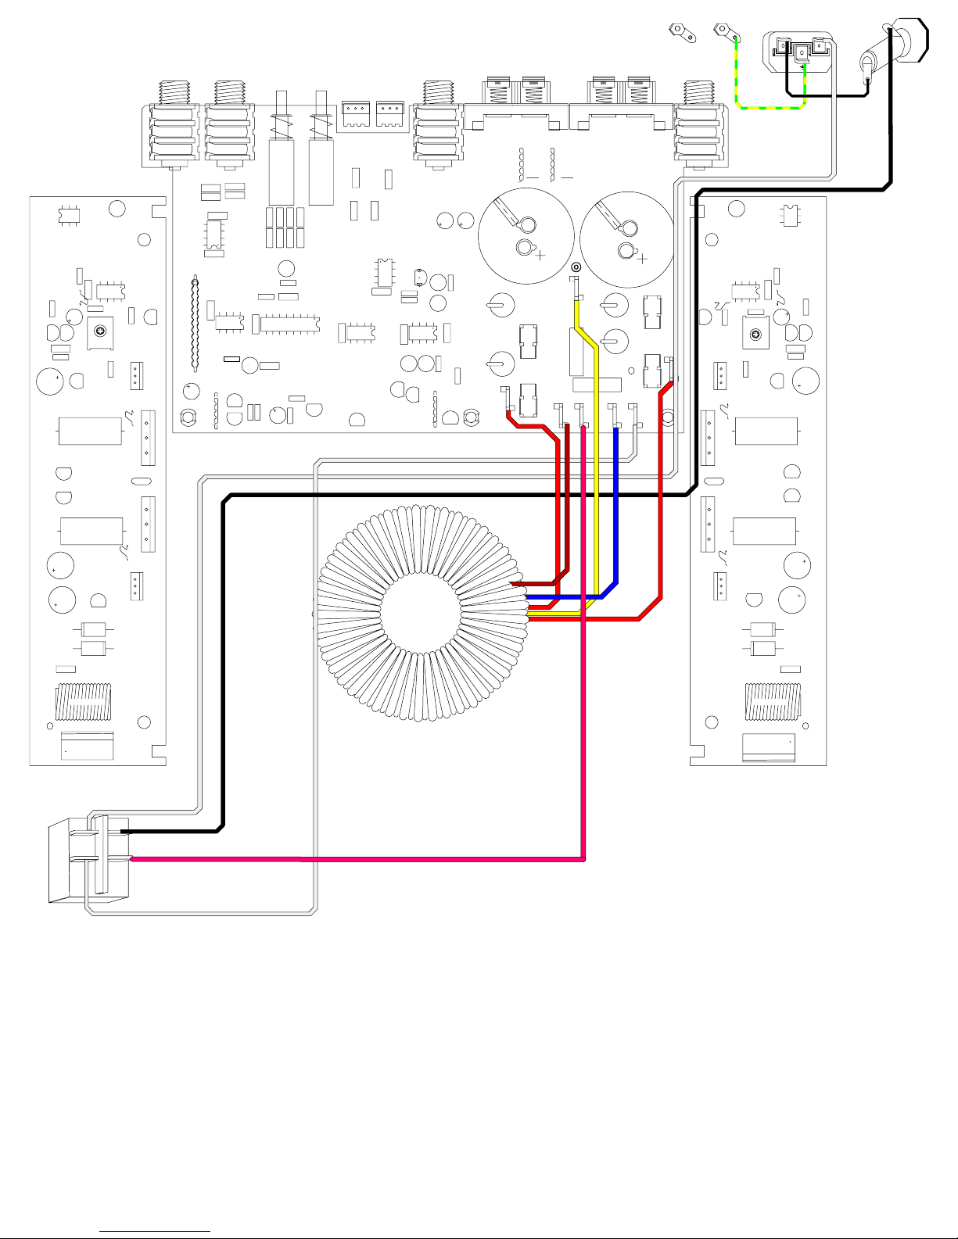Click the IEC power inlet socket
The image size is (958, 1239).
click(801, 52)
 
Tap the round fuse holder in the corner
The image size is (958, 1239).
click(907, 39)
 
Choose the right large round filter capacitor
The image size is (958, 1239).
click(627, 238)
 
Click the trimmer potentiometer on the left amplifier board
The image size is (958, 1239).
click(100, 334)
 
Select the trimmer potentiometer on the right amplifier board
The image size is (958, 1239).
click(755, 335)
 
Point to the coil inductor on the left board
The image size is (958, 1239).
click(83, 701)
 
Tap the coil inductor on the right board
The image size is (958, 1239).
click(773, 701)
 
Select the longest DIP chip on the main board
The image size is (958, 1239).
click(290, 324)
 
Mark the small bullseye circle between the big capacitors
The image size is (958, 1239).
click(576, 267)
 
